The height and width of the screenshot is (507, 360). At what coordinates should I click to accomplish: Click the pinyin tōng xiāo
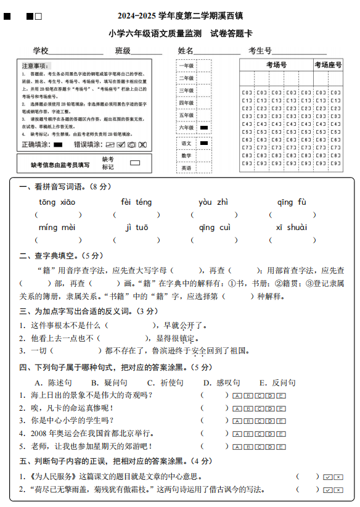click(x=57, y=202)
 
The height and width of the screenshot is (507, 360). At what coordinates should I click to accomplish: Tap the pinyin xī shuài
click(x=292, y=228)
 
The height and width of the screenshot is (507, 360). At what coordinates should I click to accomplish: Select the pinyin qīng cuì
click(x=215, y=228)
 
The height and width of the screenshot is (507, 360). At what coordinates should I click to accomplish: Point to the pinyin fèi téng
click(x=136, y=202)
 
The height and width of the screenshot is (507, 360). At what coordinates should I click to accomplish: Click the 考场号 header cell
click(x=276, y=65)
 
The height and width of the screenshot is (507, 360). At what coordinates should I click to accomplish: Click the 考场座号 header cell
click(x=328, y=65)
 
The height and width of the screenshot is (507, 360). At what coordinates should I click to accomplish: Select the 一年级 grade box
click(x=186, y=66)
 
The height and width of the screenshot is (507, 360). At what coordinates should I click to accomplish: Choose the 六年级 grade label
click(x=186, y=127)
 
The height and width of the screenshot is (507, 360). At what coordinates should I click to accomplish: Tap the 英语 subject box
click(x=186, y=168)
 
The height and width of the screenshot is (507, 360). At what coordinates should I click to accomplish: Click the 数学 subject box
click(x=186, y=155)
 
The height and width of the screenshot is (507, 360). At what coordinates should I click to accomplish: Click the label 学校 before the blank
click(x=41, y=50)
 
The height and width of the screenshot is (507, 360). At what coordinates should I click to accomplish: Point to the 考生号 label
click(x=260, y=50)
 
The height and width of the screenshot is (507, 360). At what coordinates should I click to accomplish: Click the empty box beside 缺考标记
click(x=135, y=163)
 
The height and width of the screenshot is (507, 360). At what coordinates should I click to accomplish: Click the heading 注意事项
click(x=36, y=65)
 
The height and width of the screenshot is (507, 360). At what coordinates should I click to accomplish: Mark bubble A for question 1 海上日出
click(x=237, y=395)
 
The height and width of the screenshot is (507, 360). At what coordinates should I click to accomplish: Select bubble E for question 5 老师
click(x=282, y=446)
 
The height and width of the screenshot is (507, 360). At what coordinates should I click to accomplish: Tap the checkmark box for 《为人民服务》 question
click(x=327, y=477)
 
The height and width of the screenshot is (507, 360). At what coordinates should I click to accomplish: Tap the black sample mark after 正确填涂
click(x=59, y=145)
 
